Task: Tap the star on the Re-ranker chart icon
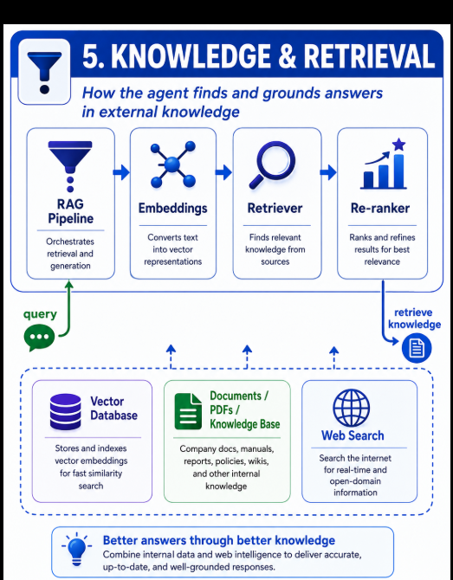[398, 145]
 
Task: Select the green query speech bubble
[39, 338]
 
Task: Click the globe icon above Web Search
[351, 408]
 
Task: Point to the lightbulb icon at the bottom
[77, 550]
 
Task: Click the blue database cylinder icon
[65, 412]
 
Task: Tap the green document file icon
[188, 411]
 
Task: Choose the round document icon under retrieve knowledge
[417, 348]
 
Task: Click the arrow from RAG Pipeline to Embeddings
[121, 172]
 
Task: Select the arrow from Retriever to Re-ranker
[328, 172]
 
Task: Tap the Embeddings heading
[173, 208]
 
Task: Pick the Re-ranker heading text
[380, 208]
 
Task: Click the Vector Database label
[113, 408]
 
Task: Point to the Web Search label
[353, 435]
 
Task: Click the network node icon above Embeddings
[173, 164]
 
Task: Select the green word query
[40, 314]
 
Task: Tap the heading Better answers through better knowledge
[219, 540]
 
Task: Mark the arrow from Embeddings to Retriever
[223, 172]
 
